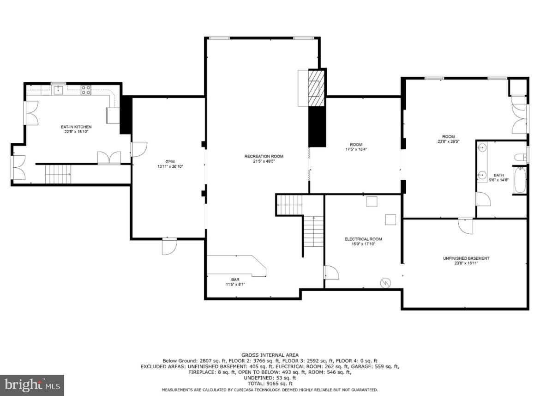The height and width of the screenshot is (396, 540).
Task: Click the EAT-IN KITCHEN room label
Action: [76, 127]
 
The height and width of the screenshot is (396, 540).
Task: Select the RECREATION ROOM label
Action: [264, 156]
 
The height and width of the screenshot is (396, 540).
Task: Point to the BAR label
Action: [235, 279]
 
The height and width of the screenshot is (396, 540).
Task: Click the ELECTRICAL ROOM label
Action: [363, 239]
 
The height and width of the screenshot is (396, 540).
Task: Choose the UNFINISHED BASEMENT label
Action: [466, 258]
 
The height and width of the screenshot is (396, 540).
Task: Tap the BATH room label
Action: [498, 175]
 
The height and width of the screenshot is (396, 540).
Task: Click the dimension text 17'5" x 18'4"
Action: [356, 149]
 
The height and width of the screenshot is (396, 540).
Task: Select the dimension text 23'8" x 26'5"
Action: [449, 141]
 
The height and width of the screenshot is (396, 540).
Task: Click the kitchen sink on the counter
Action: [58, 90]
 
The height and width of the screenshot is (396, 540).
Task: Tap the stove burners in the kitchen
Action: [86, 90]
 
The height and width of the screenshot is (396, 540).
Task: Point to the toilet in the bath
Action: [520, 157]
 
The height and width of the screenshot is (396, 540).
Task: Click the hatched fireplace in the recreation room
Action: [316, 87]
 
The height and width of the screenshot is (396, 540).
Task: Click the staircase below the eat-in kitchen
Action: [58, 174]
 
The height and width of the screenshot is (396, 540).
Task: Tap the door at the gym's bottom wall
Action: [169, 247]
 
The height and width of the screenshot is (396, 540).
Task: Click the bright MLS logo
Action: [32, 384]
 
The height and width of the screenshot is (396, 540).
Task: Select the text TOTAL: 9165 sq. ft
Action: [270, 384]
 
